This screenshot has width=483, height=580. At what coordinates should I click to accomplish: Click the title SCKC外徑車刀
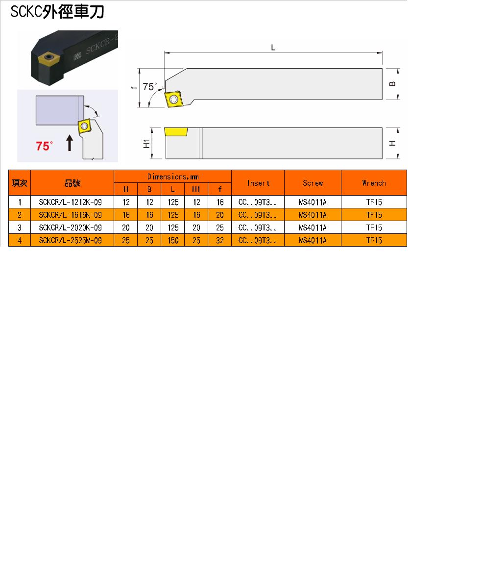[57, 12]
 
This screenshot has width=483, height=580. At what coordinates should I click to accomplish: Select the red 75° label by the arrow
[45, 146]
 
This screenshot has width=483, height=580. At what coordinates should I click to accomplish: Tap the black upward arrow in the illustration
[70, 143]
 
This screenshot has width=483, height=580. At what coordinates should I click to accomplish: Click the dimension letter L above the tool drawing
[273, 48]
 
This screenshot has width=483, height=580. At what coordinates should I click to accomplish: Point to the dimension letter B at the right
[392, 84]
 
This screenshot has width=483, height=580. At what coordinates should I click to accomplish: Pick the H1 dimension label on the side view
[146, 144]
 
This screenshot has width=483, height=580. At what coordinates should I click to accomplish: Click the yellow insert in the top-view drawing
[174, 99]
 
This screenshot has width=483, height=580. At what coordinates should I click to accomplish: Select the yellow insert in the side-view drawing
[176, 132]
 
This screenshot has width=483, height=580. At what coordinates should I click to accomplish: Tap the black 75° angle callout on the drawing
[150, 87]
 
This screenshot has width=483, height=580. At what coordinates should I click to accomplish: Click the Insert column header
[258, 183]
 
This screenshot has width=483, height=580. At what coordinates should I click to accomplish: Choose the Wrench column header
[374, 183]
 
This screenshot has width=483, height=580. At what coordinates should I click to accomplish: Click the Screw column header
[313, 183]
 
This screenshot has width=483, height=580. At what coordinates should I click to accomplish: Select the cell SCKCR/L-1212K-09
[70, 202]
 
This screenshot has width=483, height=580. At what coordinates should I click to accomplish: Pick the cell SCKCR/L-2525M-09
[70, 240]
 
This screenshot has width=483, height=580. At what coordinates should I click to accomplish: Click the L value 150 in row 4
[173, 240]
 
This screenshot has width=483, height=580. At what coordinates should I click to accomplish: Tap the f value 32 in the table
[220, 240]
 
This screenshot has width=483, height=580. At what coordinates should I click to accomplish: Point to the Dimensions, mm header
[173, 177]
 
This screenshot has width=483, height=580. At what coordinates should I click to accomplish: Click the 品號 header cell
[72, 183]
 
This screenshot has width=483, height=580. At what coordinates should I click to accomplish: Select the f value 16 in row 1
[220, 202]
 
